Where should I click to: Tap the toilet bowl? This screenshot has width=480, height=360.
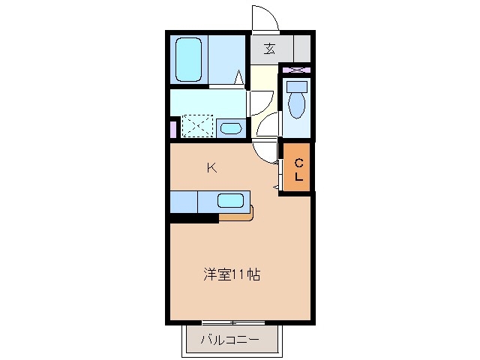click(295, 104)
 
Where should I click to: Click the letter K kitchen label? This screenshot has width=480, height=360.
click(211, 168)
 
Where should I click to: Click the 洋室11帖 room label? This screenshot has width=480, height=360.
click(231, 274)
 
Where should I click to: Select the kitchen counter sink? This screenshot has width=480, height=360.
click(230, 201)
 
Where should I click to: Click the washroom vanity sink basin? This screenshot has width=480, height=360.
click(232, 128)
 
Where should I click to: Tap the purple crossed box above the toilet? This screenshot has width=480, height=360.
click(297, 70)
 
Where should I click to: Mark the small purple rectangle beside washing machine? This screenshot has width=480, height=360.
click(173, 128)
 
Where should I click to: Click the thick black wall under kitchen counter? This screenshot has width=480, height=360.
click(193, 218)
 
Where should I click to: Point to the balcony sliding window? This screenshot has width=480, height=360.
click(232, 322)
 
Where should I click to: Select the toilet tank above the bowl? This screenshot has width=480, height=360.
click(295, 86)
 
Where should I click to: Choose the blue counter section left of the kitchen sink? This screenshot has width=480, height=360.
click(183, 202)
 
